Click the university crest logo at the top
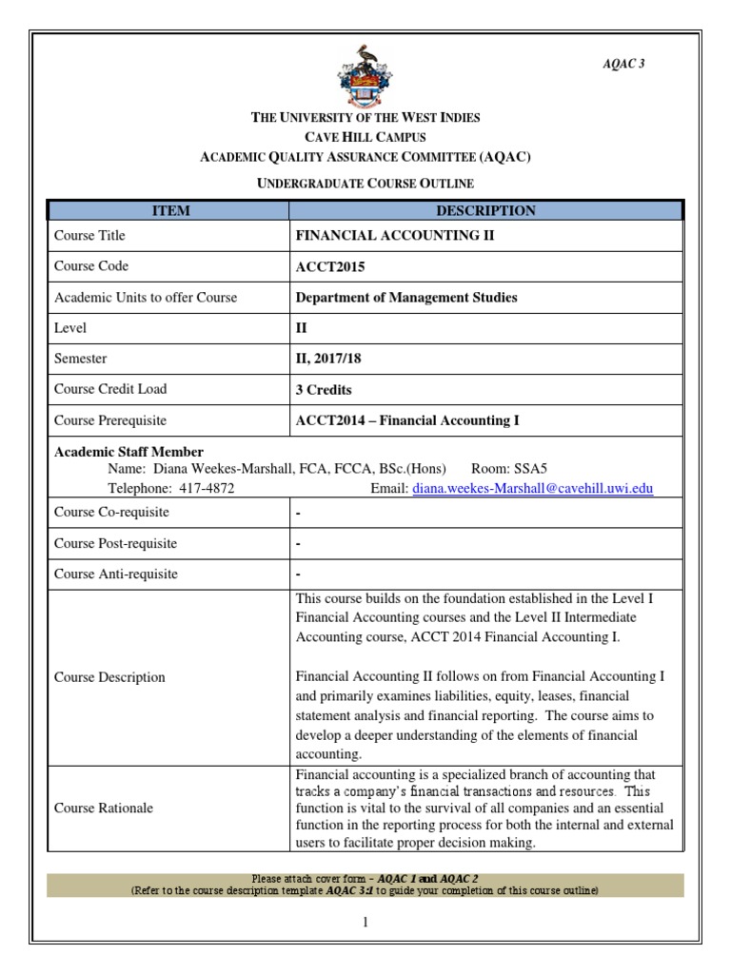pyautogui.click(x=365, y=76)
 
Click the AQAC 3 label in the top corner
pyautogui.click(x=625, y=64)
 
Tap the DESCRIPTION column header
pyautogui.click(x=485, y=210)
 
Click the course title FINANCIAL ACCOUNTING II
pyautogui.click(x=395, y=235)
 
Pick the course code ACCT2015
pyautogui.click(x=330, y=266)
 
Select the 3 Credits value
pyautogui.click(x=324, y=389)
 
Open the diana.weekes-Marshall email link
pyautogui.click(x=532, y=488)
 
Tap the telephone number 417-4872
pyautogui.click(x=207, y=488)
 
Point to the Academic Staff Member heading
pyautogui.click(x=128, y=452)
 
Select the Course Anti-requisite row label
pyautogui.click(x=116, y=574)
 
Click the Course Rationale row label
pyautogui.click(x=104, y=808)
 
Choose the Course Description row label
pyautogui.click(x=109, y=677)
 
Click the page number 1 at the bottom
pyautogui.click(x=365, y=922)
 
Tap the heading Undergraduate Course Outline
pyautogui.click(x=365, y=183)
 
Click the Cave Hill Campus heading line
pyautogui.click(x=365, y=137)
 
